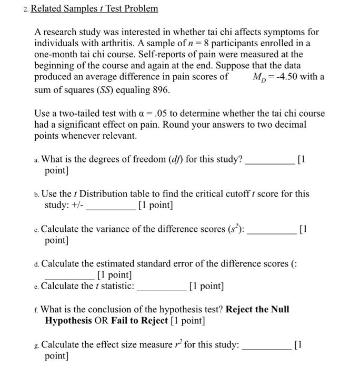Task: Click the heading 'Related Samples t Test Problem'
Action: point(95,9)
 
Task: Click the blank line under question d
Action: point(69,275)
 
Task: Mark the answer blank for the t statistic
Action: point(161,287)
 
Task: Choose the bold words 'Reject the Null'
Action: point(257,309)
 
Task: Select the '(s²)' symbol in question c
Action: point(235,229)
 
